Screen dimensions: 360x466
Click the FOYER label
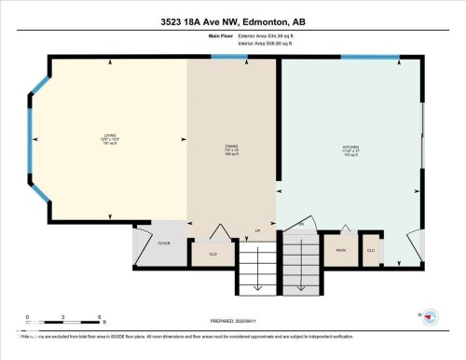click(163, 242)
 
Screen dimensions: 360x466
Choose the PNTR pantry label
click(340, 250)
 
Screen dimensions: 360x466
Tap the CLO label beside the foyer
click(212, 252)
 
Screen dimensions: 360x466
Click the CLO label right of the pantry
click(370, 250)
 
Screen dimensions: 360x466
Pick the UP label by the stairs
click(257, 230)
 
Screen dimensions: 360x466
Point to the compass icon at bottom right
click(428, 318)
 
